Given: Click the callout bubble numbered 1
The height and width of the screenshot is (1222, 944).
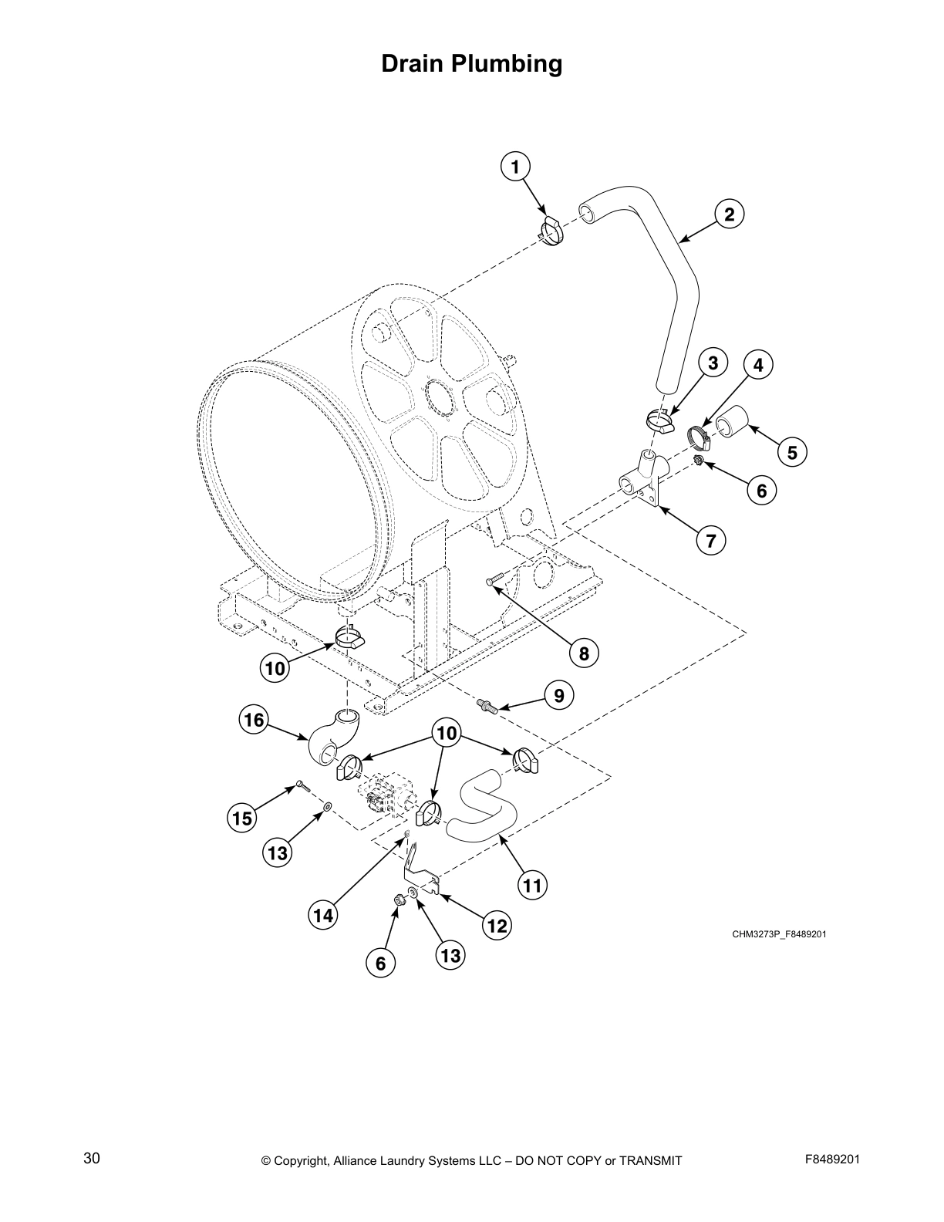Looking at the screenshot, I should tap(516, 166).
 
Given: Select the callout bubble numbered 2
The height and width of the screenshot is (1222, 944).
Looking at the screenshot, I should tap(729, 214).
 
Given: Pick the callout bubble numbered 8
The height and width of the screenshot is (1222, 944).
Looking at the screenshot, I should tap(584, 653).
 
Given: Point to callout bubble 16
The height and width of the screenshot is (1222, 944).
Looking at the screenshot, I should tap(254, 721).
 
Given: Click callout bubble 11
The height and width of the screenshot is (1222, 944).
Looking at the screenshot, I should tap(532, 885).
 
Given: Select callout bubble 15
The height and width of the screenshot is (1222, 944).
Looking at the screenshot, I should tap(242, 818).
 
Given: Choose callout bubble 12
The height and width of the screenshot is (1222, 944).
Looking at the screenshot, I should tap(497, 925).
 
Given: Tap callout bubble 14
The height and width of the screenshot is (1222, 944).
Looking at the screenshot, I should tap(323, 916).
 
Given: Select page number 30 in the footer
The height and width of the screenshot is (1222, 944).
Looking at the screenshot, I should tap(92, 1158).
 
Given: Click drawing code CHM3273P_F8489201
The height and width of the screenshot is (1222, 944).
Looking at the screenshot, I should tap(779, 934).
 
